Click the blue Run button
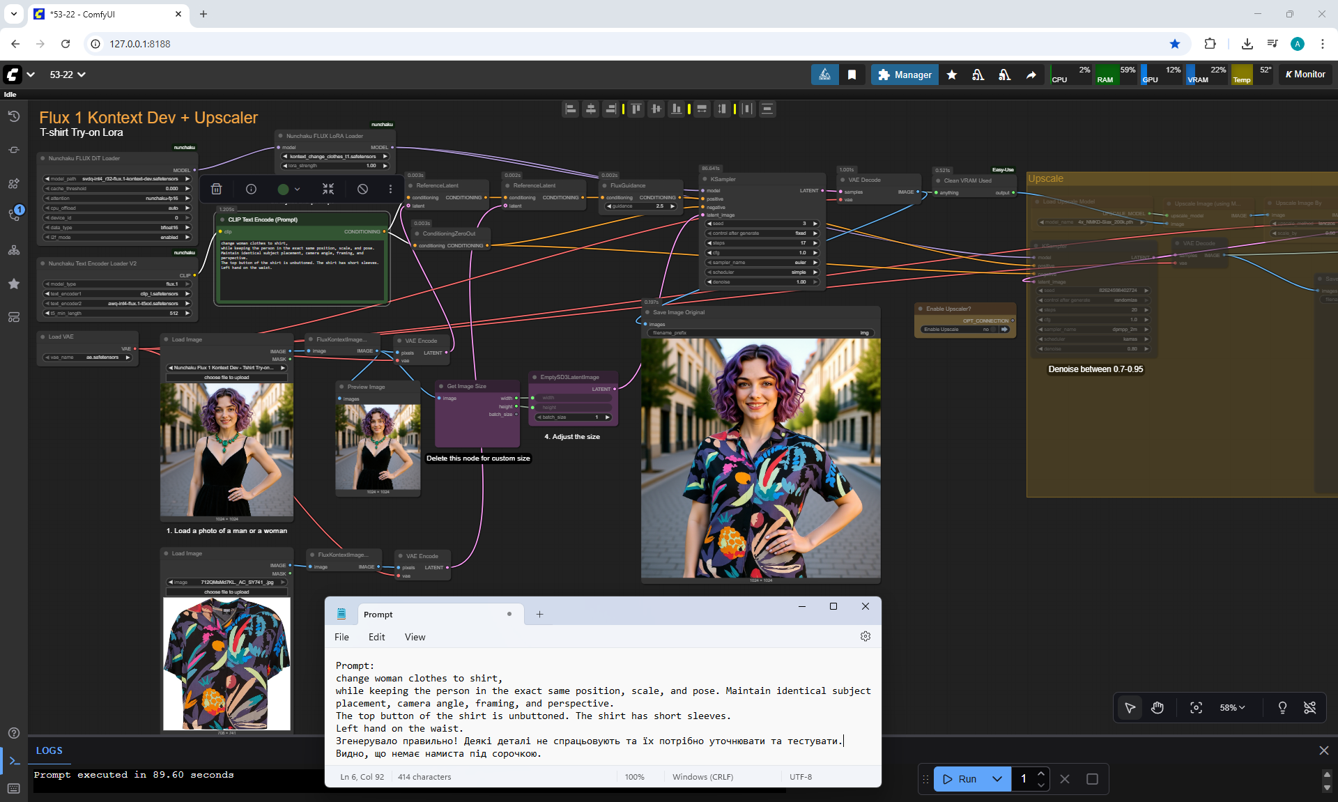click(961, 779)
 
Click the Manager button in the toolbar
click(905, 75)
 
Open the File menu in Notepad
click(341, 637)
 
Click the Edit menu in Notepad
click(376, 637)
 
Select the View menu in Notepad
click(415, 637)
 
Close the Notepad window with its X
click(865, 606)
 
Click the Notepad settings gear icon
click(865, 636)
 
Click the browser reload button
click(66, 44)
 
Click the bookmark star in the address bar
click(1175, 44)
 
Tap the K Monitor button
click(1305, 75)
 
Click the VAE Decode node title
click(864, 180)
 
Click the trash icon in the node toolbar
click(217, 189)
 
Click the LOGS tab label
click(49, 750)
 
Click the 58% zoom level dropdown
click(1231, 708)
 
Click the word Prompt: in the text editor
click(355, 665)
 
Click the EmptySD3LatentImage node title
click(569, 377)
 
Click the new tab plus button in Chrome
click(203, 14)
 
